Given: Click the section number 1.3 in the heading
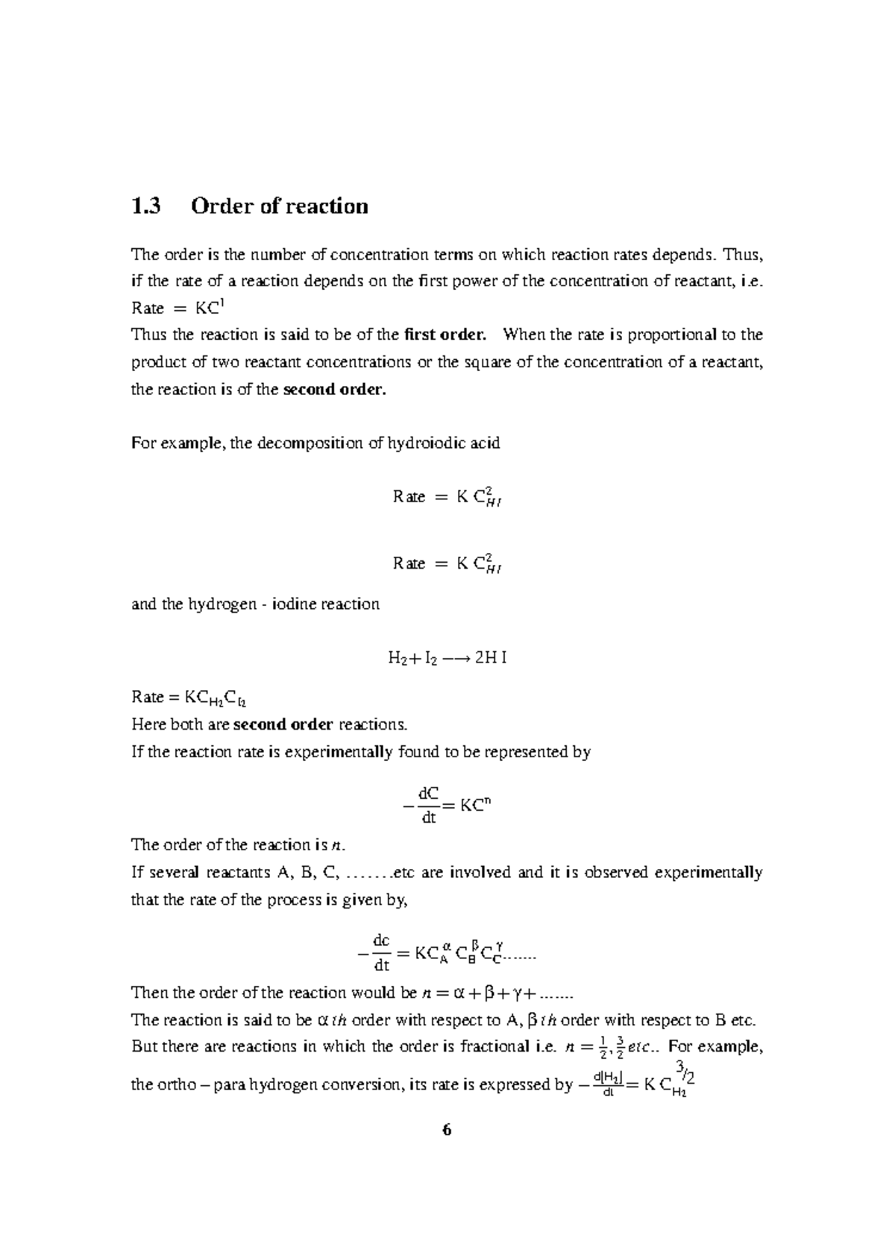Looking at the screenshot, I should pyautogui.click(x=145, y=206).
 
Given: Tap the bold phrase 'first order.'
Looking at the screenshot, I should pyautogui.click(x=445, y=335).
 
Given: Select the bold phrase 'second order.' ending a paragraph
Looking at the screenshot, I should pyautogui.click(x=336, y=389).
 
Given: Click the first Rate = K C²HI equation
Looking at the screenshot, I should pyautogui.click(x=447, y=497).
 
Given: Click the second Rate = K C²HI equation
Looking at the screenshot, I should pyautogui.click(x=447, y=564).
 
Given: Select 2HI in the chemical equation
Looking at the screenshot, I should pyautogui.click(x=492, y=658).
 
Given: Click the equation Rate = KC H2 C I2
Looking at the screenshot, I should pyautogui.click(x=189, y=698).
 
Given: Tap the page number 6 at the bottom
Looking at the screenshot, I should pyautogui.click(x=447, y=1130).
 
